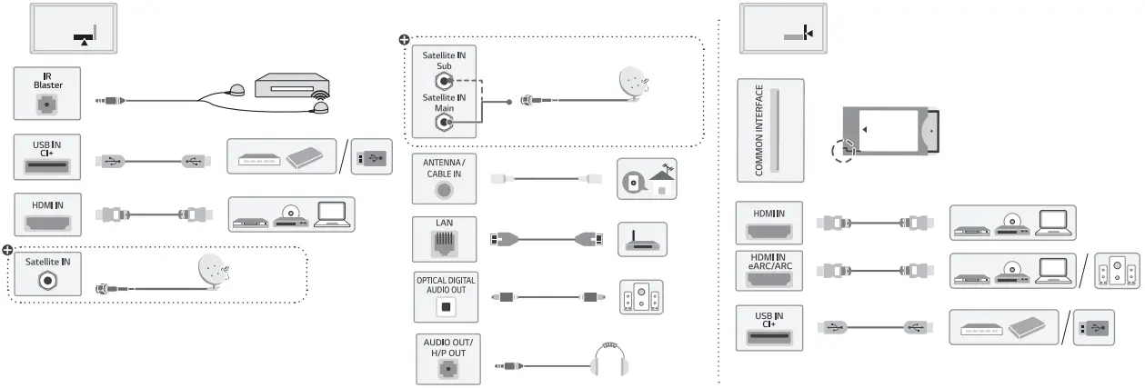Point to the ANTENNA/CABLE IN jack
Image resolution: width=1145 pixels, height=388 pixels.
click(x=443, y=190)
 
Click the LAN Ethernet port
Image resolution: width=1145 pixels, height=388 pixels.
click(x=443, y=243)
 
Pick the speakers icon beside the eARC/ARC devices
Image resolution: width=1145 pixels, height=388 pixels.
click(x=1116, y=272)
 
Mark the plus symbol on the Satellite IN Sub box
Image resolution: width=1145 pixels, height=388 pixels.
click(x=405, y=40)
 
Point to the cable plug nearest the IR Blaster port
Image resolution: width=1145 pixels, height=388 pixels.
click(x=110, y=102)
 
